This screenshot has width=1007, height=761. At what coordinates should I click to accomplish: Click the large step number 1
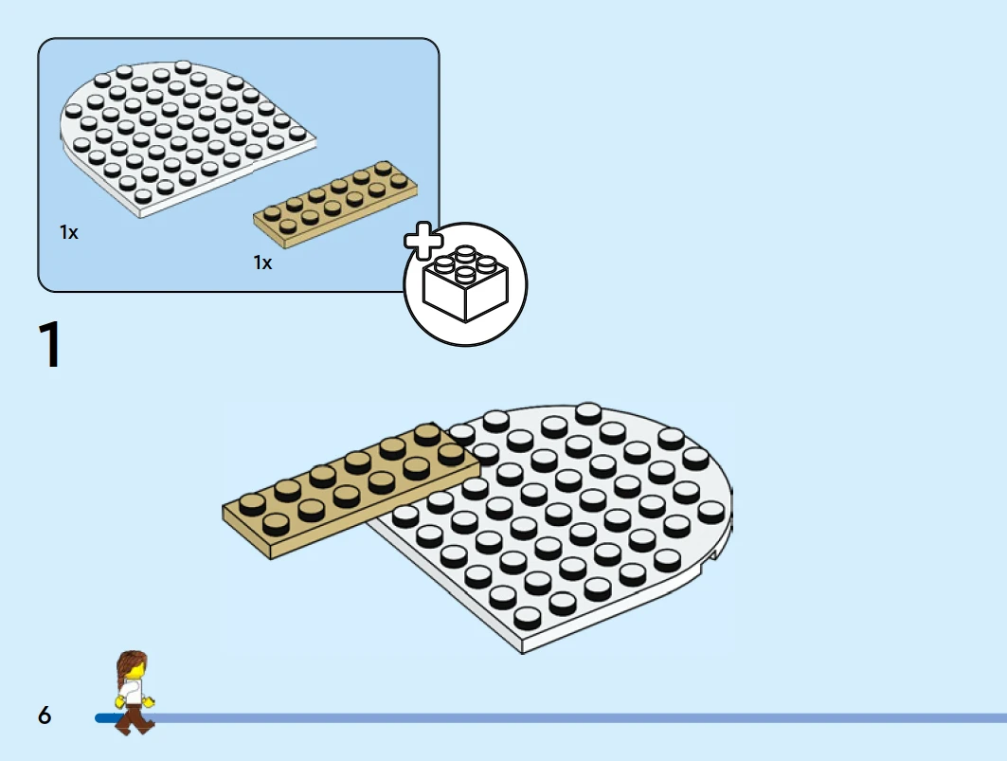[49, 344]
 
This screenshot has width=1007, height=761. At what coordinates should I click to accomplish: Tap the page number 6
[45, 715]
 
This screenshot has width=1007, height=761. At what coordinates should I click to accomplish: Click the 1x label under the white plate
[69, 232]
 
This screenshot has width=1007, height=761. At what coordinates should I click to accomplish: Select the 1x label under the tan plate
[262, 263]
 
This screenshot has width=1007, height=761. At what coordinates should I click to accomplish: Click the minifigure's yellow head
[134, 672]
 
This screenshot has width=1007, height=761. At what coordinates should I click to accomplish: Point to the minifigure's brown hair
[130, 664]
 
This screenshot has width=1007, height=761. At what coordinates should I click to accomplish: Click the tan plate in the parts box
[335, 204]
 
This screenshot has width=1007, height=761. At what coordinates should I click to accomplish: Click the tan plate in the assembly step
[351, 490]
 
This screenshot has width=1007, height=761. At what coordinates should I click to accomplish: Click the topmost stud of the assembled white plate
[588, 412]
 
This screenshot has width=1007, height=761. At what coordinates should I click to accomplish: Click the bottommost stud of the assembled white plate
[527, 618]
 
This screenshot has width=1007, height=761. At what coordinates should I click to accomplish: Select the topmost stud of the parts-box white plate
[183, 67]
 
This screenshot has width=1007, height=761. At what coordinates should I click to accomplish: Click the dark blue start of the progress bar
[106, 718]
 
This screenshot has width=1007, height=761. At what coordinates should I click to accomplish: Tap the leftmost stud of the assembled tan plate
[252, 504]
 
